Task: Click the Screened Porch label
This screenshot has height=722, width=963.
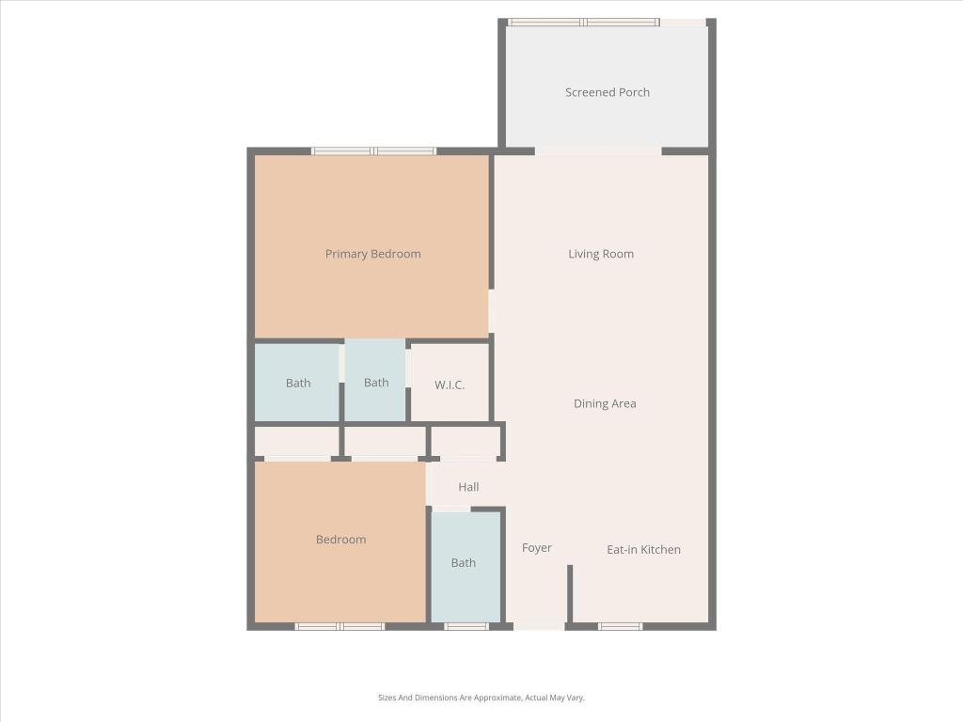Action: (608, 92)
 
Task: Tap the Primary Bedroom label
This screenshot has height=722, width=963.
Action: (372, 254)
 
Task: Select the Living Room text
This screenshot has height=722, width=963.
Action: (601, 254)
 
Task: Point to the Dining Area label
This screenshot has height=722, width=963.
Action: (605, 403)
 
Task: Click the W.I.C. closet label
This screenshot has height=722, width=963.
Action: (450, 385)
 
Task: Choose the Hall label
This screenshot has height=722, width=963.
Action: (468, 487)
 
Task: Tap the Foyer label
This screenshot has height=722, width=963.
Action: (537, 548)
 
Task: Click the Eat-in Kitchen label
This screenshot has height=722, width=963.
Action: (643, 550)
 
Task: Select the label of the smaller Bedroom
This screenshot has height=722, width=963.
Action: (340, 540)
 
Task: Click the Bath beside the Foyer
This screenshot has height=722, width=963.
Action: (464, 563)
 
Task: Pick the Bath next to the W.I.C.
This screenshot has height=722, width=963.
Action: (376, 383)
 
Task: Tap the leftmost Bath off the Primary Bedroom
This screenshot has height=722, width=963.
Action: (298, 383)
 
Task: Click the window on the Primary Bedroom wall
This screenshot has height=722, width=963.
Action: (373, 150)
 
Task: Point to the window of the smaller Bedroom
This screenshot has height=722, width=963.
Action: (339, 626)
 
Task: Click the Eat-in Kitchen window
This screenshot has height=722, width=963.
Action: (621, 626)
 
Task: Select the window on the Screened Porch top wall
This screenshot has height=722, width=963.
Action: (583, 22)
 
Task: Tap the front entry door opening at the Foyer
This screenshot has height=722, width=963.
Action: (539, 625)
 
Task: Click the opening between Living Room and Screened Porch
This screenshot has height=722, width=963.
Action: (598, 150)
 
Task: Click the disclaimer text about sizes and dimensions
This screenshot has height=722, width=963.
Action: (481, 698)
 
